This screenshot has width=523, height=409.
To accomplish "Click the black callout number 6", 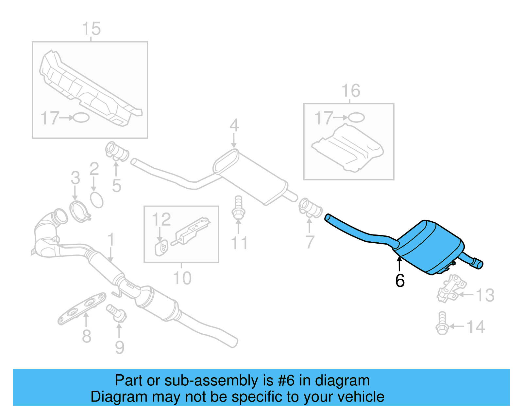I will click(400, 281).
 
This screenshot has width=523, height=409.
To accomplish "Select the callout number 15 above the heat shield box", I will click(91, 29).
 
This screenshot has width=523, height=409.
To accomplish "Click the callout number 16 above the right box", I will click(351, 91).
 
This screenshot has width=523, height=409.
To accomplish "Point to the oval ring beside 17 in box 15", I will click(81, 118).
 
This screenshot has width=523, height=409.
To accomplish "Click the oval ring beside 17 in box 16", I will click(356, 118).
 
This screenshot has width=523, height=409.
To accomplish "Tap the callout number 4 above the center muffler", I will click(234, 125).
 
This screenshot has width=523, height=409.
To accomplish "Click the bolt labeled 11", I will click(238, 208).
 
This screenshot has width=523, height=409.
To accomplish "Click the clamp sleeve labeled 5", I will click(117, 152).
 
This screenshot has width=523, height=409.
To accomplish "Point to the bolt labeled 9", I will click(117, 312).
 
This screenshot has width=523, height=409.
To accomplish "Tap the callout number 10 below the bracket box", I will click(182, 278).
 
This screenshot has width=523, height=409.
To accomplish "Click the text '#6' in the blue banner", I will click(286, 381).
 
